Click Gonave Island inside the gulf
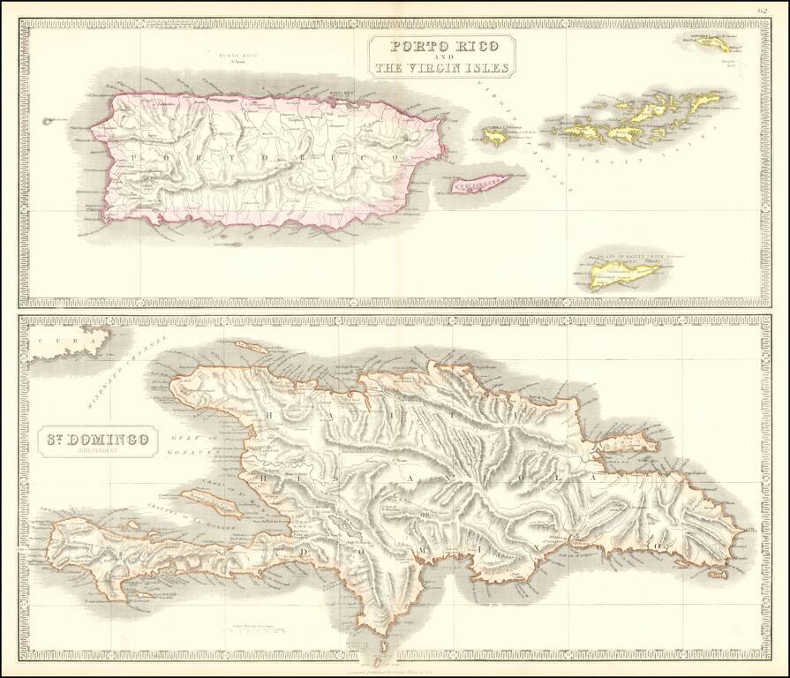pyautogui.click(x=214, y=502)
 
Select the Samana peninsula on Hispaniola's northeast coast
pyautogui.click(x=627, y=446)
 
